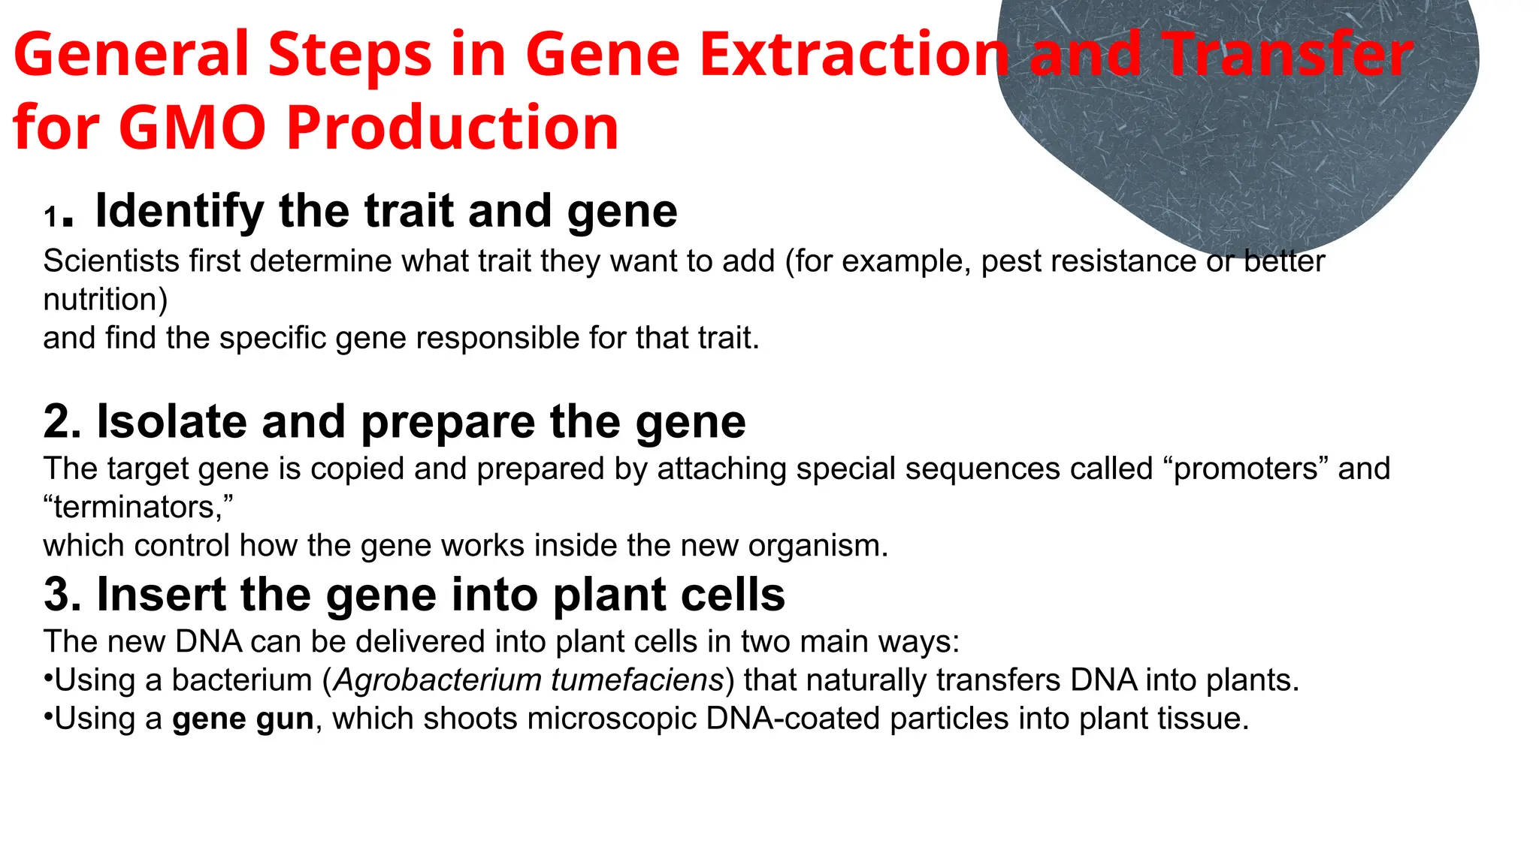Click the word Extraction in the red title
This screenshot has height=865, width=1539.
[853, 55]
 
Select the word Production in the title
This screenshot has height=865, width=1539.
[452, 128]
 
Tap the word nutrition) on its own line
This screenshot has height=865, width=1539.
[105, 300]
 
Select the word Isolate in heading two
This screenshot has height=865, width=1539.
[171, 421]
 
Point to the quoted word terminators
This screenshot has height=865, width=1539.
[138, 508]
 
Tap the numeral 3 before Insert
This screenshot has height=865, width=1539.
[62, 595]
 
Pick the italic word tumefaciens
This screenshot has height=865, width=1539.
[637, 680]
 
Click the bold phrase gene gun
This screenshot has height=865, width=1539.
[243, 719]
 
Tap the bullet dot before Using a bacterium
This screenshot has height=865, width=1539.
[48, 679]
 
